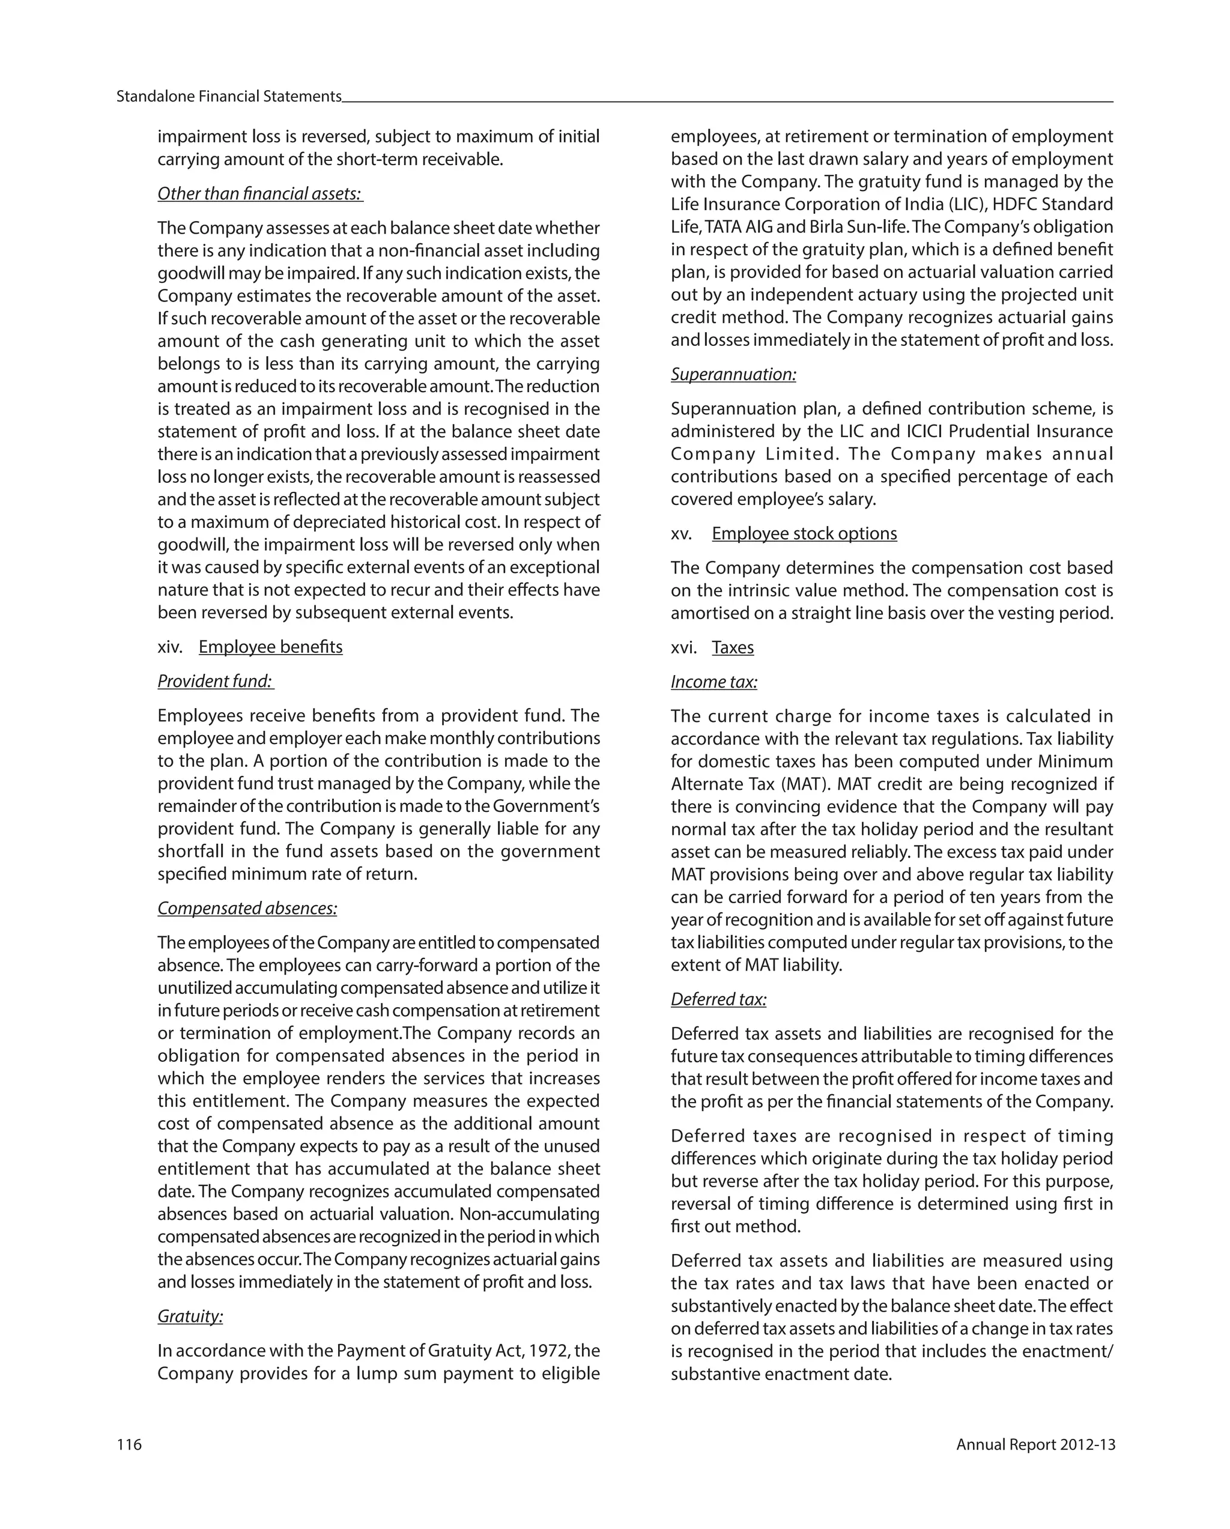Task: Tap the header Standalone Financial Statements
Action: [x=228, y=97]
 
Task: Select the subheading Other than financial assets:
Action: [x=259, y=193]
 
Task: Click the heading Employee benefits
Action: [x=270, y=647]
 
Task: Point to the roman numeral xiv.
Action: [x=169, y=647]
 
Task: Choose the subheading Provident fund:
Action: [x=215, y=681]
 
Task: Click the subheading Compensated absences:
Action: [x=247, y=908]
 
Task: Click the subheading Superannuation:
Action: [x=733, y=375]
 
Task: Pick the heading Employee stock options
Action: [x=804, y=533]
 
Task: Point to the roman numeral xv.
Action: [x=681, y=533]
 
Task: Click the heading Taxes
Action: [x=732, y=647]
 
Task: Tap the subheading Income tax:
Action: [x=713, y=682]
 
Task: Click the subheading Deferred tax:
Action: [x=718, y=999]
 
